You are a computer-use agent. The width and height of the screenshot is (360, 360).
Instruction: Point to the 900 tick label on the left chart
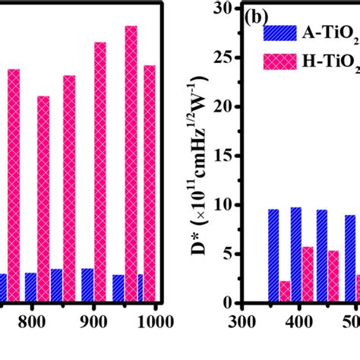93,321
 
